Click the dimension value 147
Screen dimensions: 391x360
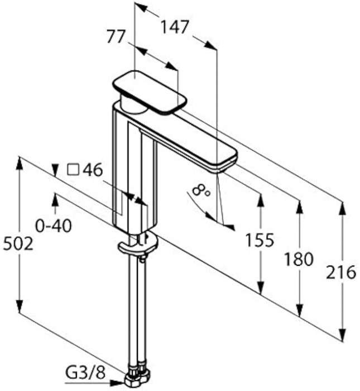pyautogui.click(x=175, y=26)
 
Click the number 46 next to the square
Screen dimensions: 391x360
pyautogui.click(x=92, y=170)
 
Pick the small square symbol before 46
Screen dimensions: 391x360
pyautogui.click(x=72, y=170)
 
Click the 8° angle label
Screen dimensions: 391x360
pyautogui.click(x=200, y=190)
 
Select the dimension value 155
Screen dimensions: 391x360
pyautogui.click(x=260, y=241)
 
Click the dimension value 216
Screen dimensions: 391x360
pyautogui.click(x=342, y=273)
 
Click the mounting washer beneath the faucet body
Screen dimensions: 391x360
pyautogui.click(x=138, y=244)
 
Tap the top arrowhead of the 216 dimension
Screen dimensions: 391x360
pyautogui.click(x=342, y=208)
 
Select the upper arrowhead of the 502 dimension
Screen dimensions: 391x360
pyautogui.click(x=20, y=162)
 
